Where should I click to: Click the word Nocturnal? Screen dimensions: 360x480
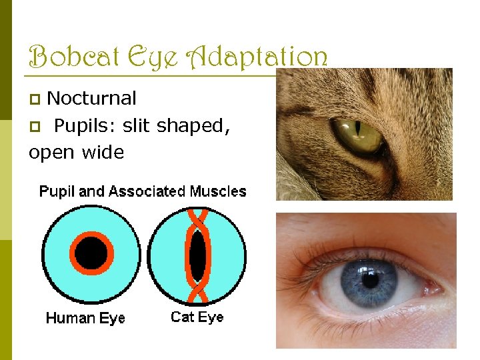point(92,99)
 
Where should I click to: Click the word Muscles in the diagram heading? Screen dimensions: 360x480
point(218,192)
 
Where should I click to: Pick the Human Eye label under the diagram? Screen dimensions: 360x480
point(85,318)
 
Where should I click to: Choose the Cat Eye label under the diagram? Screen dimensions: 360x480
point(197,317)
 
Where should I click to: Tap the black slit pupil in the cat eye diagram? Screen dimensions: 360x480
point(197,255)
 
